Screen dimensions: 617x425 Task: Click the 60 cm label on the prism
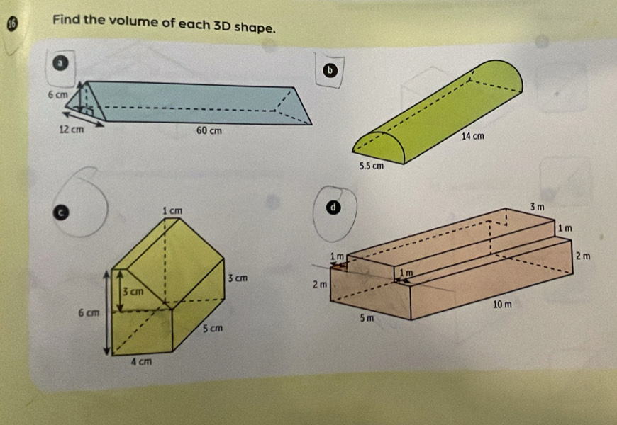tap(209, 130)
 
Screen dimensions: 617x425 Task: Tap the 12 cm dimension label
tap(72, 130)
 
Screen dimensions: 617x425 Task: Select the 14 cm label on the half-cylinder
tap(473, 136)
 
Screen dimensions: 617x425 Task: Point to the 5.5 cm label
tap(372, 166)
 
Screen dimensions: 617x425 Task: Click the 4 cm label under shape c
tap(141, 361)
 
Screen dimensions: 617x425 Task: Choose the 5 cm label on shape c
tap(213, 328)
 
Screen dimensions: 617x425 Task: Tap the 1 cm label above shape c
tap(172, 211)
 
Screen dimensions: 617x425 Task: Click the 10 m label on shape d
tap(503, 305)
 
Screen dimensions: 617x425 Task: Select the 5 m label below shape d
tap(367, 317)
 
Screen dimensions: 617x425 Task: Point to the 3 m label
tap(537, 207)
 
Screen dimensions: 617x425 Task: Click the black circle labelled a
tap(60, 63)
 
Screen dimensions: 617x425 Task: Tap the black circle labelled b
tap(330, 70)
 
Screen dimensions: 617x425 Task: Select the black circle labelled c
tap(61, 212)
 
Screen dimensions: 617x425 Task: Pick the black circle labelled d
tap(333, 208)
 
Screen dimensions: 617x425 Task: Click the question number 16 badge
tap(13, 24)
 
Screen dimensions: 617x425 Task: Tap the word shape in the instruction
tap(253, 28)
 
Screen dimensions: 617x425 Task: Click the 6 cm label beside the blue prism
tap(58, 95)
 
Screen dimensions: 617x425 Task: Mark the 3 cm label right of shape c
tap(238, 278)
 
